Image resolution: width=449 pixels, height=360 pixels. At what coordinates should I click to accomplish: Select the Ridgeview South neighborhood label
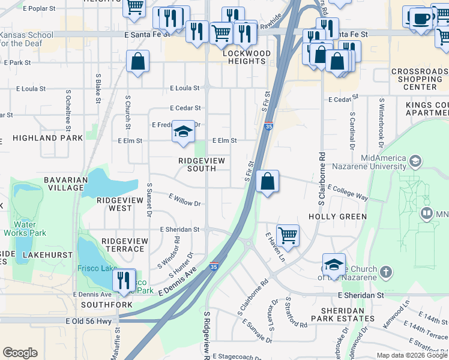click(196, 164)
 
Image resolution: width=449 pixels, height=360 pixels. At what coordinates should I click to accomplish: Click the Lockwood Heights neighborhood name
click(247, 58)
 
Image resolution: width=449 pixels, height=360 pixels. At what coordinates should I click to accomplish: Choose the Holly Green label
click(337, 216)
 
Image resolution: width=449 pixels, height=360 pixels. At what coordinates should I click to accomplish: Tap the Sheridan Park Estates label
click(343, 314)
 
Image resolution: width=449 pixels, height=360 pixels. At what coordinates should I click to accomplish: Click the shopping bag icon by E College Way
click(267, 181)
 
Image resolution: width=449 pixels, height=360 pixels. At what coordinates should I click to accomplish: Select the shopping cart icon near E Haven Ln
click(288, 235)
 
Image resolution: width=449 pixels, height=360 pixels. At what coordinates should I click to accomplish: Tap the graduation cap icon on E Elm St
click(183, 131)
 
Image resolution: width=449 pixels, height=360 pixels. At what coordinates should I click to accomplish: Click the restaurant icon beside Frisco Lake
click(124, 279)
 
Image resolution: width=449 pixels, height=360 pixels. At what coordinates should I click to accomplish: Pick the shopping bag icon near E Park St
click(137, 61)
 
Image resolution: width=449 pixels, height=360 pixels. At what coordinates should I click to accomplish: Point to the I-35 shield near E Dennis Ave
click(214, 266)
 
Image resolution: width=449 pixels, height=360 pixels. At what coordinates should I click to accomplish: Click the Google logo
click(20, 353)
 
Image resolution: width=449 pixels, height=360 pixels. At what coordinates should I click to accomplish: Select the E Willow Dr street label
click(185, 200)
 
